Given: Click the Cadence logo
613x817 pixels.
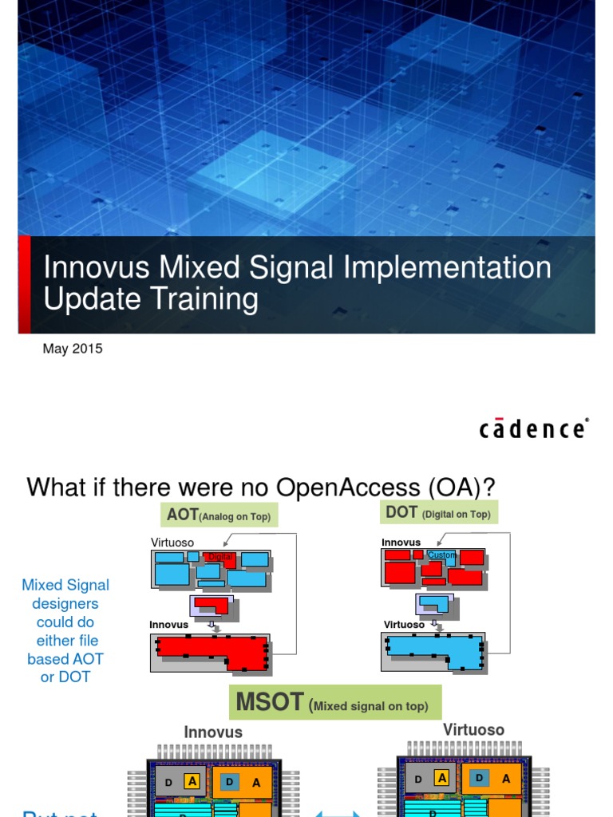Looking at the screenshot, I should coord(533,428).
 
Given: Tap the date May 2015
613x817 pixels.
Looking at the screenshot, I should coord(73,349).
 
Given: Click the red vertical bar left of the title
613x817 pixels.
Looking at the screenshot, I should coord(24,284).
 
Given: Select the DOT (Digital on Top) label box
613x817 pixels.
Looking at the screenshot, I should coord(438,513).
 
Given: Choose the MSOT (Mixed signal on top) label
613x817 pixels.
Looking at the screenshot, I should coord(334,704).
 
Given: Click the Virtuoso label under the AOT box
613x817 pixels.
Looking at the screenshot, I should coord(172,543).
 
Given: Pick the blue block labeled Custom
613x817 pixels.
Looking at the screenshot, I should coord(441,555).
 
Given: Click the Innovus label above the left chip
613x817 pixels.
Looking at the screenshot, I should coord(213,732).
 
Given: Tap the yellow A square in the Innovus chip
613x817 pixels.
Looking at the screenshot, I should coord(192,781).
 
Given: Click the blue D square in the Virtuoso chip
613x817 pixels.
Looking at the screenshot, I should coord(479,778).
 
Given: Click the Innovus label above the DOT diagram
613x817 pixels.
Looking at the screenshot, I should coord(401,543).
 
